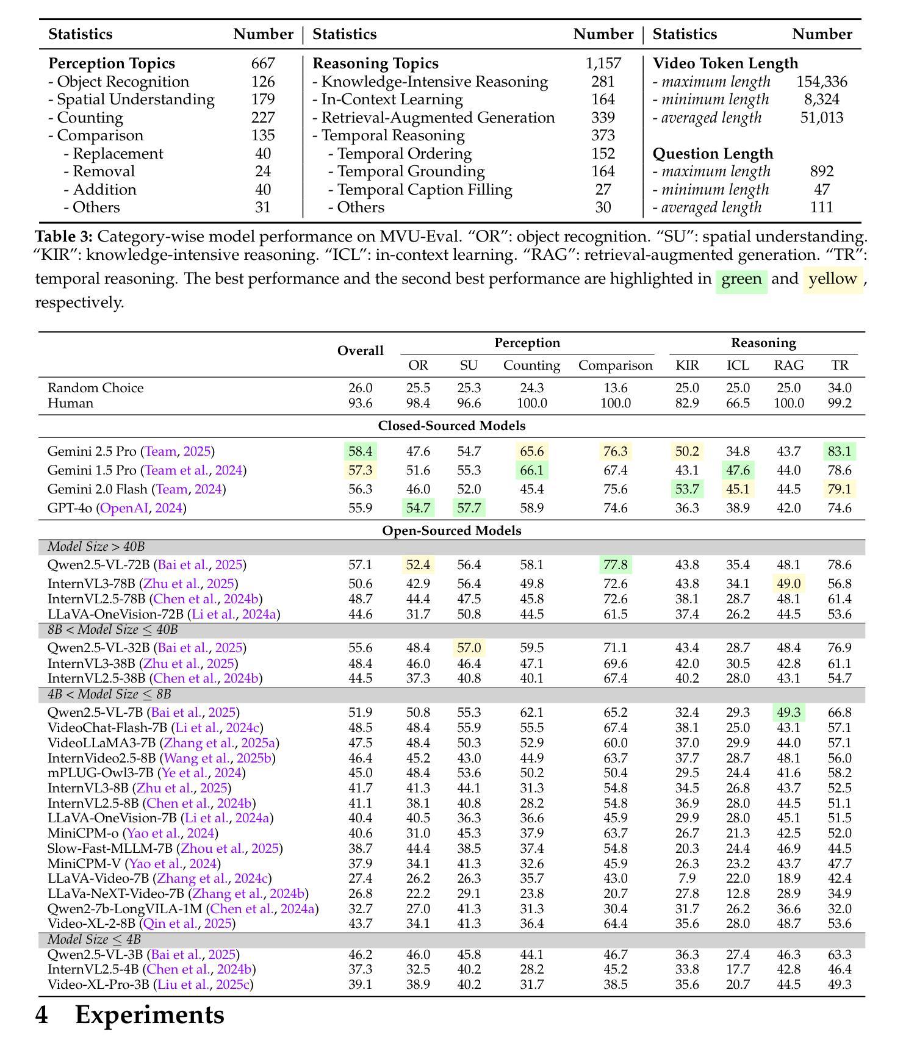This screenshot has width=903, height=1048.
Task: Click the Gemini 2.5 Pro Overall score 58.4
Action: click(x=360, y=451)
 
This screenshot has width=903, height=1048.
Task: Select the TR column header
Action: click(x=840, y=365)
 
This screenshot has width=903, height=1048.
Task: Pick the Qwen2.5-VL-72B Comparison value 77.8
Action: click(x=615, y=565)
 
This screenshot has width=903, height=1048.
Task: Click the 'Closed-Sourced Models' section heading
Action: click(x=452, y=426)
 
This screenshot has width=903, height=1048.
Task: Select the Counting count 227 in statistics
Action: click(x=263, y=118)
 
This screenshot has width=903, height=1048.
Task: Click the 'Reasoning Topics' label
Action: click(x=375, y=63)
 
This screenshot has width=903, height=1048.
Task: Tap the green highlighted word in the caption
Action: click(x=741, y=279)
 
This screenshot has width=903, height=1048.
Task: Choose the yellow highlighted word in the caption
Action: click(x=833, y=279)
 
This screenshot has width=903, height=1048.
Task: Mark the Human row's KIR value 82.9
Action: click(x=687, y=403)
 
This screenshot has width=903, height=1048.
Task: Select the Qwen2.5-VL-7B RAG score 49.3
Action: click(x=788, y=712)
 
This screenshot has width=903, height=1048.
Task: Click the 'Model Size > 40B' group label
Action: click(x=96, y=547)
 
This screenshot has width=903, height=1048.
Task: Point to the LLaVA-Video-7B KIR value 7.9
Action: click(x=687, y=878)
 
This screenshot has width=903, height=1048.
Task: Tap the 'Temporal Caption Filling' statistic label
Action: click(x=424, y=190)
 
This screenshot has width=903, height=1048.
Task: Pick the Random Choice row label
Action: click(x=95, y=388)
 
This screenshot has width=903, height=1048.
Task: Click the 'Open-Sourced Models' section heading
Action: click(x=452, y=531)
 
